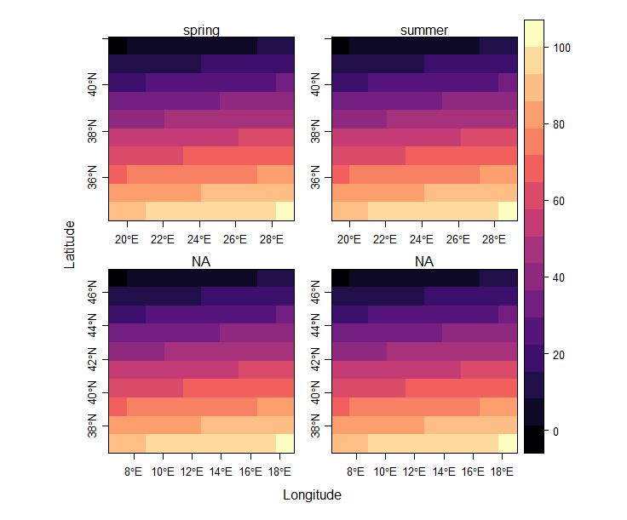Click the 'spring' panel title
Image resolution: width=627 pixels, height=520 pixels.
(202, 31)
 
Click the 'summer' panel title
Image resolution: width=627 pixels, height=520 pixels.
(424, 31)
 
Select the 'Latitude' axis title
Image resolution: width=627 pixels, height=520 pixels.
(70, 244)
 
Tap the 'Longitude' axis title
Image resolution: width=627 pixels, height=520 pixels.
(312, 494)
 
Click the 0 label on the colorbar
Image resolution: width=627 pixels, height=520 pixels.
(555, 431)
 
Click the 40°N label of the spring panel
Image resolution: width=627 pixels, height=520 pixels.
(95, 85)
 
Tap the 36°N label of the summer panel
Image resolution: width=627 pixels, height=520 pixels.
(317, 179)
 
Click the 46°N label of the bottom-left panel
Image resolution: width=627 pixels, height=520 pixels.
(95, 294)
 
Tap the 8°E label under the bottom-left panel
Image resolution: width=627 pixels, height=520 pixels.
(132, 471)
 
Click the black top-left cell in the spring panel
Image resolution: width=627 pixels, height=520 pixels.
(118, 45)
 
